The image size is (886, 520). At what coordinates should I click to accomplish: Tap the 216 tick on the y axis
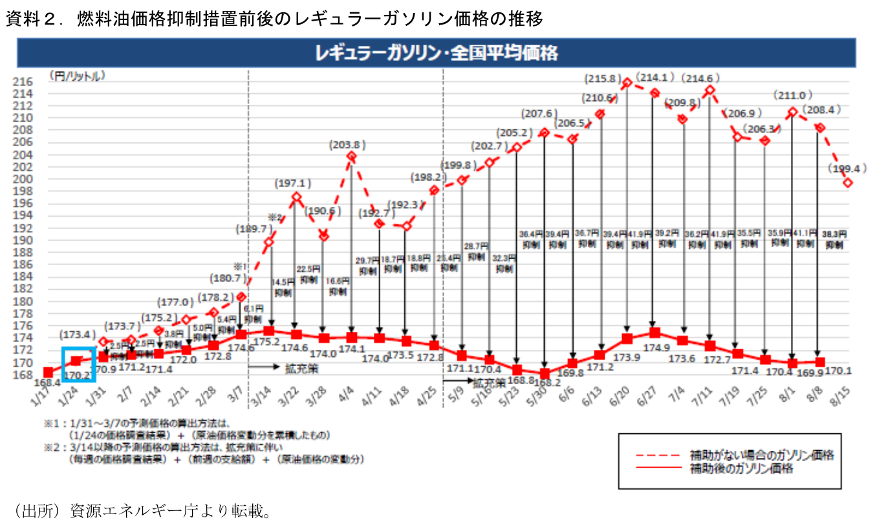pyautogui.click(x=23, y=82)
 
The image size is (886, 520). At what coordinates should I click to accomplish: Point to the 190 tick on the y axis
pyautogui.click(x=23, y=240)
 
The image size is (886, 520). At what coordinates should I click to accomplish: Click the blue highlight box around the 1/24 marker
pyautogui.click(x=78, y=364)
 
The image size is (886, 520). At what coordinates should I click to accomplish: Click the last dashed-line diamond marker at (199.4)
pyautogui.click(x=848, y=182)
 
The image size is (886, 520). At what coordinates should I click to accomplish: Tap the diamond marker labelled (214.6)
pyautogui.click(x=710, y=90)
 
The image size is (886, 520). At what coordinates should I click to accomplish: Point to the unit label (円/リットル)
pyautogui.click(x=76, y=76)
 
